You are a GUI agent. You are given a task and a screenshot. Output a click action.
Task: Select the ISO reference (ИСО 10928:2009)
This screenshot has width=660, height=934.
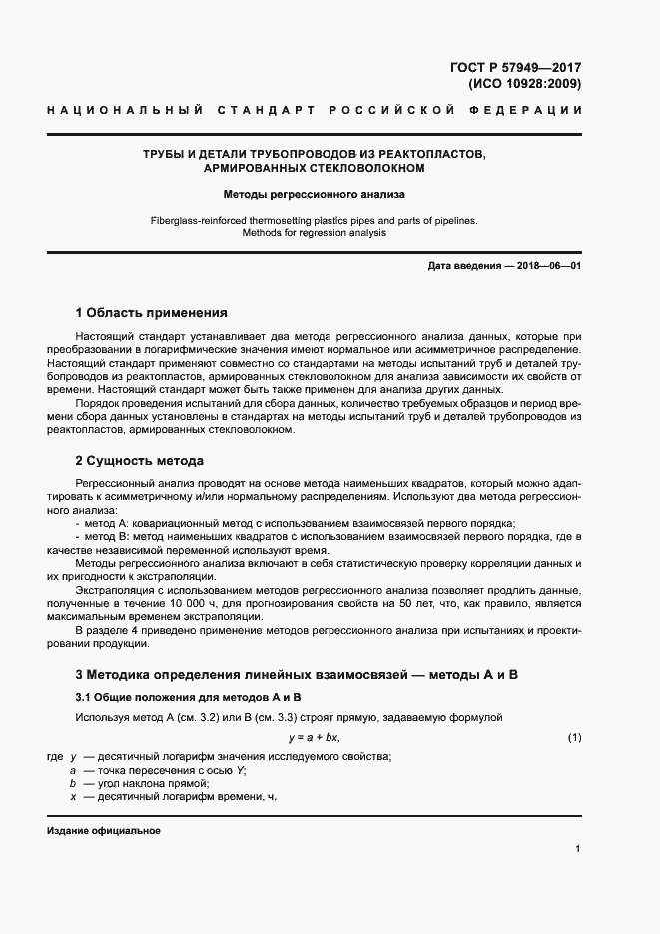(524, 84)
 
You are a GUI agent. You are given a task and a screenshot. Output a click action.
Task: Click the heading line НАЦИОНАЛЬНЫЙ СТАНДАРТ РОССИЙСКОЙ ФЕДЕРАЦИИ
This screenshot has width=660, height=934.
(314, 108)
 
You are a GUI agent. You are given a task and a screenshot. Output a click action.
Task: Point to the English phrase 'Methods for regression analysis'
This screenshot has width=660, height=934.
(314, 233)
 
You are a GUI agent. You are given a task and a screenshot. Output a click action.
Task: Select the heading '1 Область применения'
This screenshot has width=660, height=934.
(151, 313)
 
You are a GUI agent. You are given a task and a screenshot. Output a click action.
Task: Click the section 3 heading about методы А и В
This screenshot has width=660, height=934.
(297, 676)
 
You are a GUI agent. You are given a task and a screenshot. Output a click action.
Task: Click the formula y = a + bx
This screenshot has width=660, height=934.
(314, 738)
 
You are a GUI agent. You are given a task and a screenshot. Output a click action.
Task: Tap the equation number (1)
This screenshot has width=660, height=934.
(574, 738)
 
